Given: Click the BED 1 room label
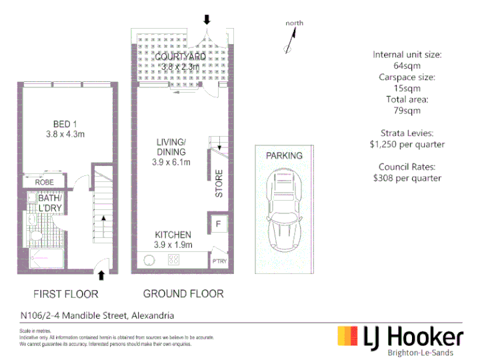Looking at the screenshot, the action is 65,124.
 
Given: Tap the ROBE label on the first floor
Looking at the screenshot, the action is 45,183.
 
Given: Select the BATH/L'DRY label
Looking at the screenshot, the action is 50,203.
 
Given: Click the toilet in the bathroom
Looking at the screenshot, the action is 36,236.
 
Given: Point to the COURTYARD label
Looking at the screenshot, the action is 180,57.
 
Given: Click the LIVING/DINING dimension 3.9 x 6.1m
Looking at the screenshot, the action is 171,162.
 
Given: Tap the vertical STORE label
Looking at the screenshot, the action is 219,183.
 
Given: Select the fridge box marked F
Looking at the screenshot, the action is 218,224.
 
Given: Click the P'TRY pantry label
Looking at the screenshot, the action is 219,261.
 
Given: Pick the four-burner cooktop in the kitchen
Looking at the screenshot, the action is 173,259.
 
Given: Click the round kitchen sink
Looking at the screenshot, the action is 149,260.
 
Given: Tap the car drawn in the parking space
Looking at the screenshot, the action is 284,210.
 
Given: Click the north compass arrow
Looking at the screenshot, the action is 291,40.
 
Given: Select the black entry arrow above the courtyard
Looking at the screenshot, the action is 207,19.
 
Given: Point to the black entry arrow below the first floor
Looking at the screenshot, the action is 101,275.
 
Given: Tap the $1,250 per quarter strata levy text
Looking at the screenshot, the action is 407,145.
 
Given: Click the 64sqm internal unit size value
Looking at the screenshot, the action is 407,66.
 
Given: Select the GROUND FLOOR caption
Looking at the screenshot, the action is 183,294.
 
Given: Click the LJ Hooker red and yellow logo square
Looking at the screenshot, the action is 347,336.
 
